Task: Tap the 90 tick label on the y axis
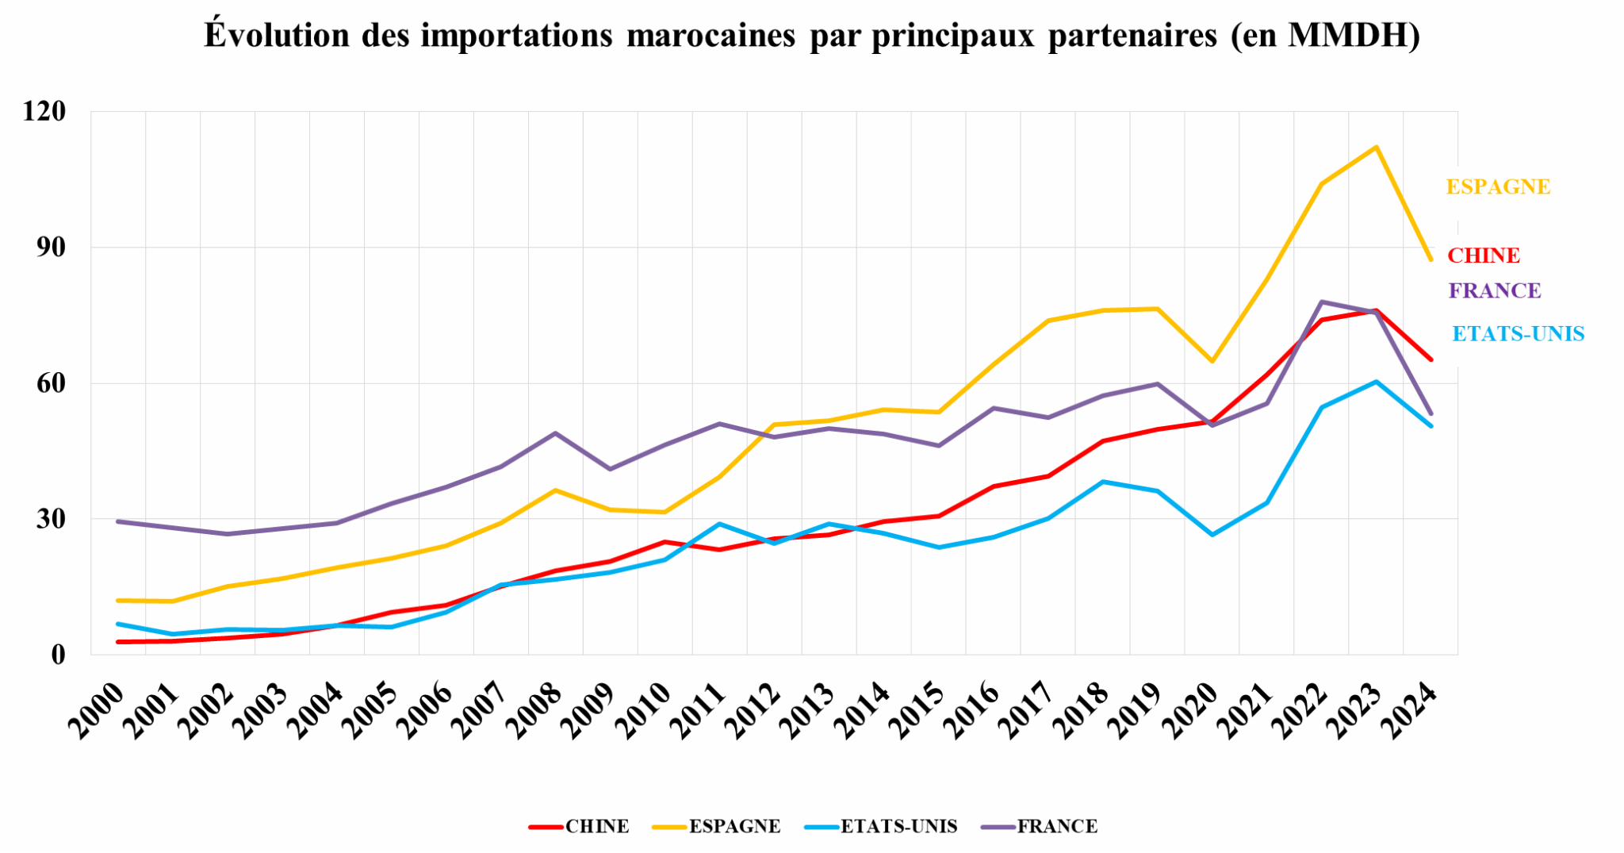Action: point(50,248)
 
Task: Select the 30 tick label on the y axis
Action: point(50,519)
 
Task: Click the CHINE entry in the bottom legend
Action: point(596,827)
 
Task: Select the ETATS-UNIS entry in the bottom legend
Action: point(898,827)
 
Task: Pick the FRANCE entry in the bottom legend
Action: point(1057,827)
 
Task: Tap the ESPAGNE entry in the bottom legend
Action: point(734,827)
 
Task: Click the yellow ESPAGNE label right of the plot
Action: point(1498,187)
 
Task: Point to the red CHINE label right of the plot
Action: point(1484,256)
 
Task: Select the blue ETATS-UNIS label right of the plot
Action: point(1518,334)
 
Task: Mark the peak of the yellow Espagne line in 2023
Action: point(1377,147)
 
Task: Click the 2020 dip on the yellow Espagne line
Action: point(1212,361)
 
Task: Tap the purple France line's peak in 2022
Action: point(1322,302)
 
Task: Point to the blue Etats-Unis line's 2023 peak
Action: point(1377,382)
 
